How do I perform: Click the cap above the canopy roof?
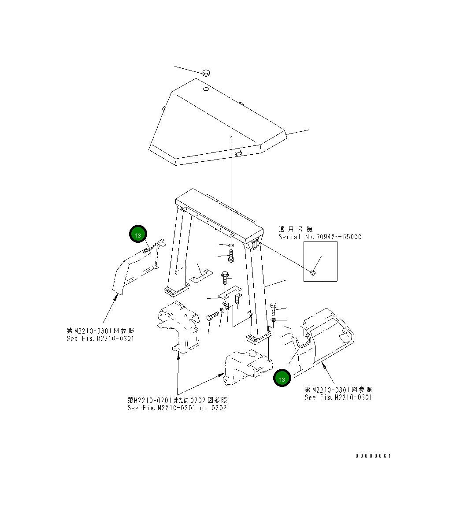pyautogui.click(x=206, y=73)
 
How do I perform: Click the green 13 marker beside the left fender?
pyautogui.click(x=138, y=235)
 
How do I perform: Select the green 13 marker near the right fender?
pyautogui.click(x=282, y=379)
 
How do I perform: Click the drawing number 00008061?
pyautogui.click(x=373, y=456)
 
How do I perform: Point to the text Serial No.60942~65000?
pyautogui.click(x=320, y=237)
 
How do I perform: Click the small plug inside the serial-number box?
pyautogui.click(x=313, y=273)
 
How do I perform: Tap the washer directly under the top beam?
pyautogui.click(x=231, y=245)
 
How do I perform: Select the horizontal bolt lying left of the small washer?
pyautogui.click(x=212, y=316)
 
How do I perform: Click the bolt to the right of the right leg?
pyautogui.click(x=273, y=308)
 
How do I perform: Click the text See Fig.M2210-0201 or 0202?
pyautogui.click(x=177, y=408)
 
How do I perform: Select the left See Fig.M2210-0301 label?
pyautogui.click(x=100, y=338)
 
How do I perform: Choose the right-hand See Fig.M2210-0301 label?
pyautogui.click(x=338, y=397)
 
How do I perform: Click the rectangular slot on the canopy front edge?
pyautogui.click(x=238, y=153)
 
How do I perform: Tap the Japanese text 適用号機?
pyautogui.click(x=296, y=229)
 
